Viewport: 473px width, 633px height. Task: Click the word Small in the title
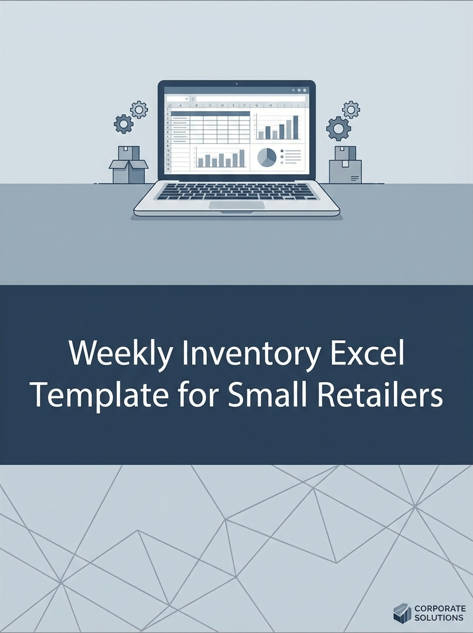(263, 395)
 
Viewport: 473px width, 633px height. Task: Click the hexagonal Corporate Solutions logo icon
(402, 613)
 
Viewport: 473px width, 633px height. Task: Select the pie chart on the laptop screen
(267, 157)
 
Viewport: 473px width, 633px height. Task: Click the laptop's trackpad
(236, 205)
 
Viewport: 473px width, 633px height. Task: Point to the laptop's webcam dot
(236, 83)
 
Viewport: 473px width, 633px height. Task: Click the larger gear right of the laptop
(338, 128)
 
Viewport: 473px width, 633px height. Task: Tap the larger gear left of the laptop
(124, 124)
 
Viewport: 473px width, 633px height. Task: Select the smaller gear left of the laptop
(139, 109)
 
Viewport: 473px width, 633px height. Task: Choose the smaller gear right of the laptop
(351, 110)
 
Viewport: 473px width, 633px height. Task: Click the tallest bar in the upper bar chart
(295, 127)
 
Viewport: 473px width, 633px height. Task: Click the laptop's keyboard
(236, 191)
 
